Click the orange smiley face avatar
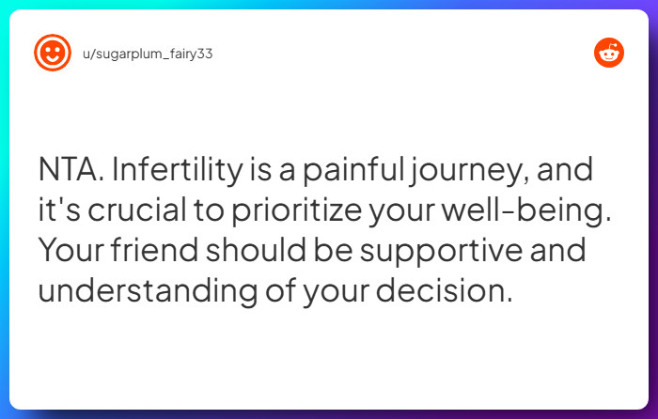click(53, 53)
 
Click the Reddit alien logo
click(609, 53)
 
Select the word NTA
click(71, 173)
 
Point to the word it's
click(57, 212)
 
